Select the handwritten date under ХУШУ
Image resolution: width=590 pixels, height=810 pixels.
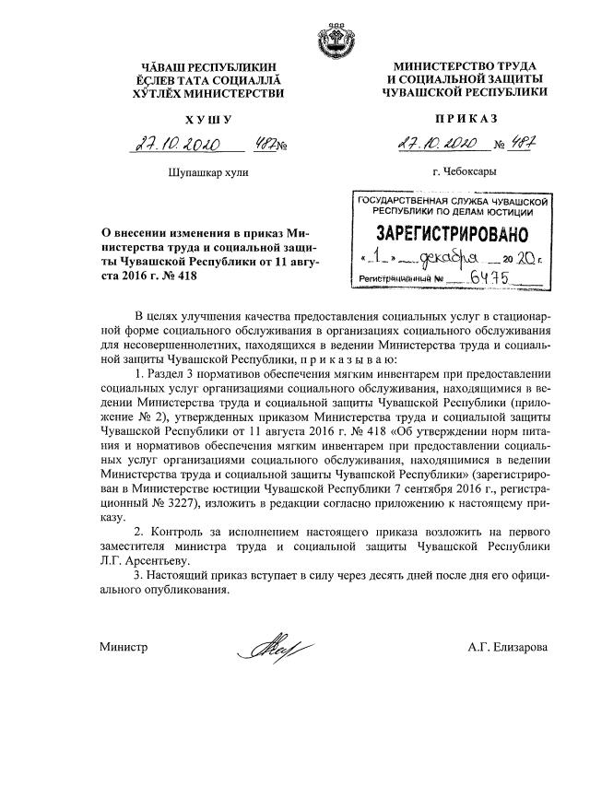point(173,146)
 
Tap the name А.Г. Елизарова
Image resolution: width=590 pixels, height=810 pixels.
point(507,648)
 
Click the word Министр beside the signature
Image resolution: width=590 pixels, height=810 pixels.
point(124,648)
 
